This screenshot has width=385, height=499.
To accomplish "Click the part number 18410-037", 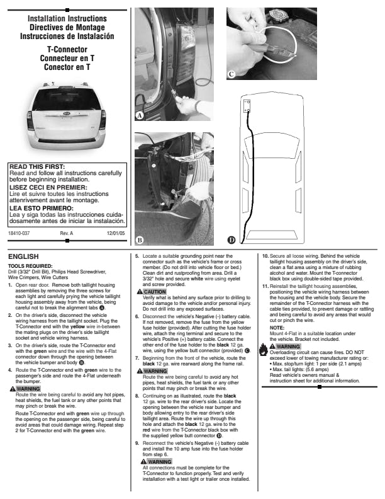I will (x=20, y=234).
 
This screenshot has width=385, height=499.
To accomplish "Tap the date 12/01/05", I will (x=117, y=234).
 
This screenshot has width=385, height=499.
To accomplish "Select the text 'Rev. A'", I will (x=67, y=234).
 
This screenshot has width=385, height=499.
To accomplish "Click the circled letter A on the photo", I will (x=140, y=116).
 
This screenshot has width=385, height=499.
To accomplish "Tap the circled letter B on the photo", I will (x=140, y=239).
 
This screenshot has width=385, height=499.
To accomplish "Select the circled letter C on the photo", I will (x=232, y=74).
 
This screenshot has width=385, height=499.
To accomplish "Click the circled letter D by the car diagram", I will (x=232, y=239).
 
